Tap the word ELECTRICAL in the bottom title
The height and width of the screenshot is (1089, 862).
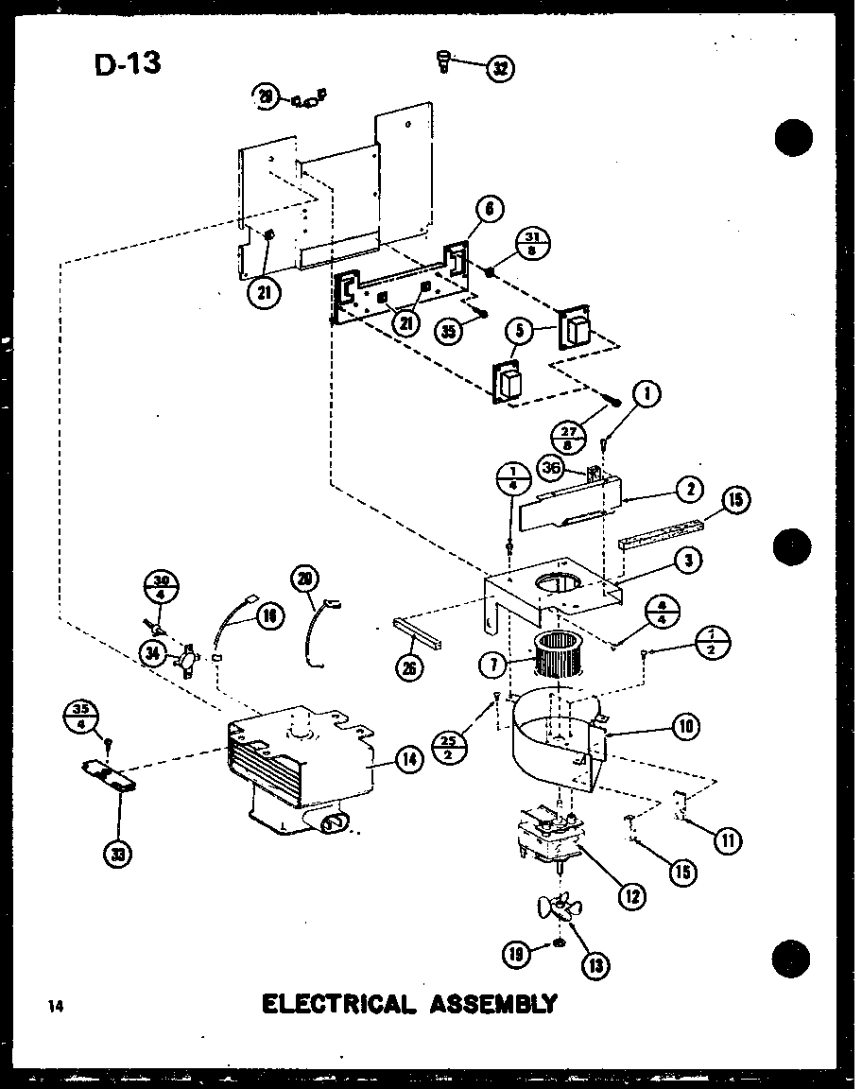point(338,1002)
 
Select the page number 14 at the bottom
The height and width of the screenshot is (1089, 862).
point(57,1006)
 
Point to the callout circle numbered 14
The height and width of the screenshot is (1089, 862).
point(409,758)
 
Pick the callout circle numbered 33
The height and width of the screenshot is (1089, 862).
point(118,854)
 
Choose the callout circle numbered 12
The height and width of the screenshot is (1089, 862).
point(633,893)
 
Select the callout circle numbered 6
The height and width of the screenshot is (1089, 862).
point(490,211)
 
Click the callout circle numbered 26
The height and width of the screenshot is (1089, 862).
point(410,666)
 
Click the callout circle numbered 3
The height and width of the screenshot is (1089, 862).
point(690,561)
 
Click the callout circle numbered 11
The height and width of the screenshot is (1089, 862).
point(728,838)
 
